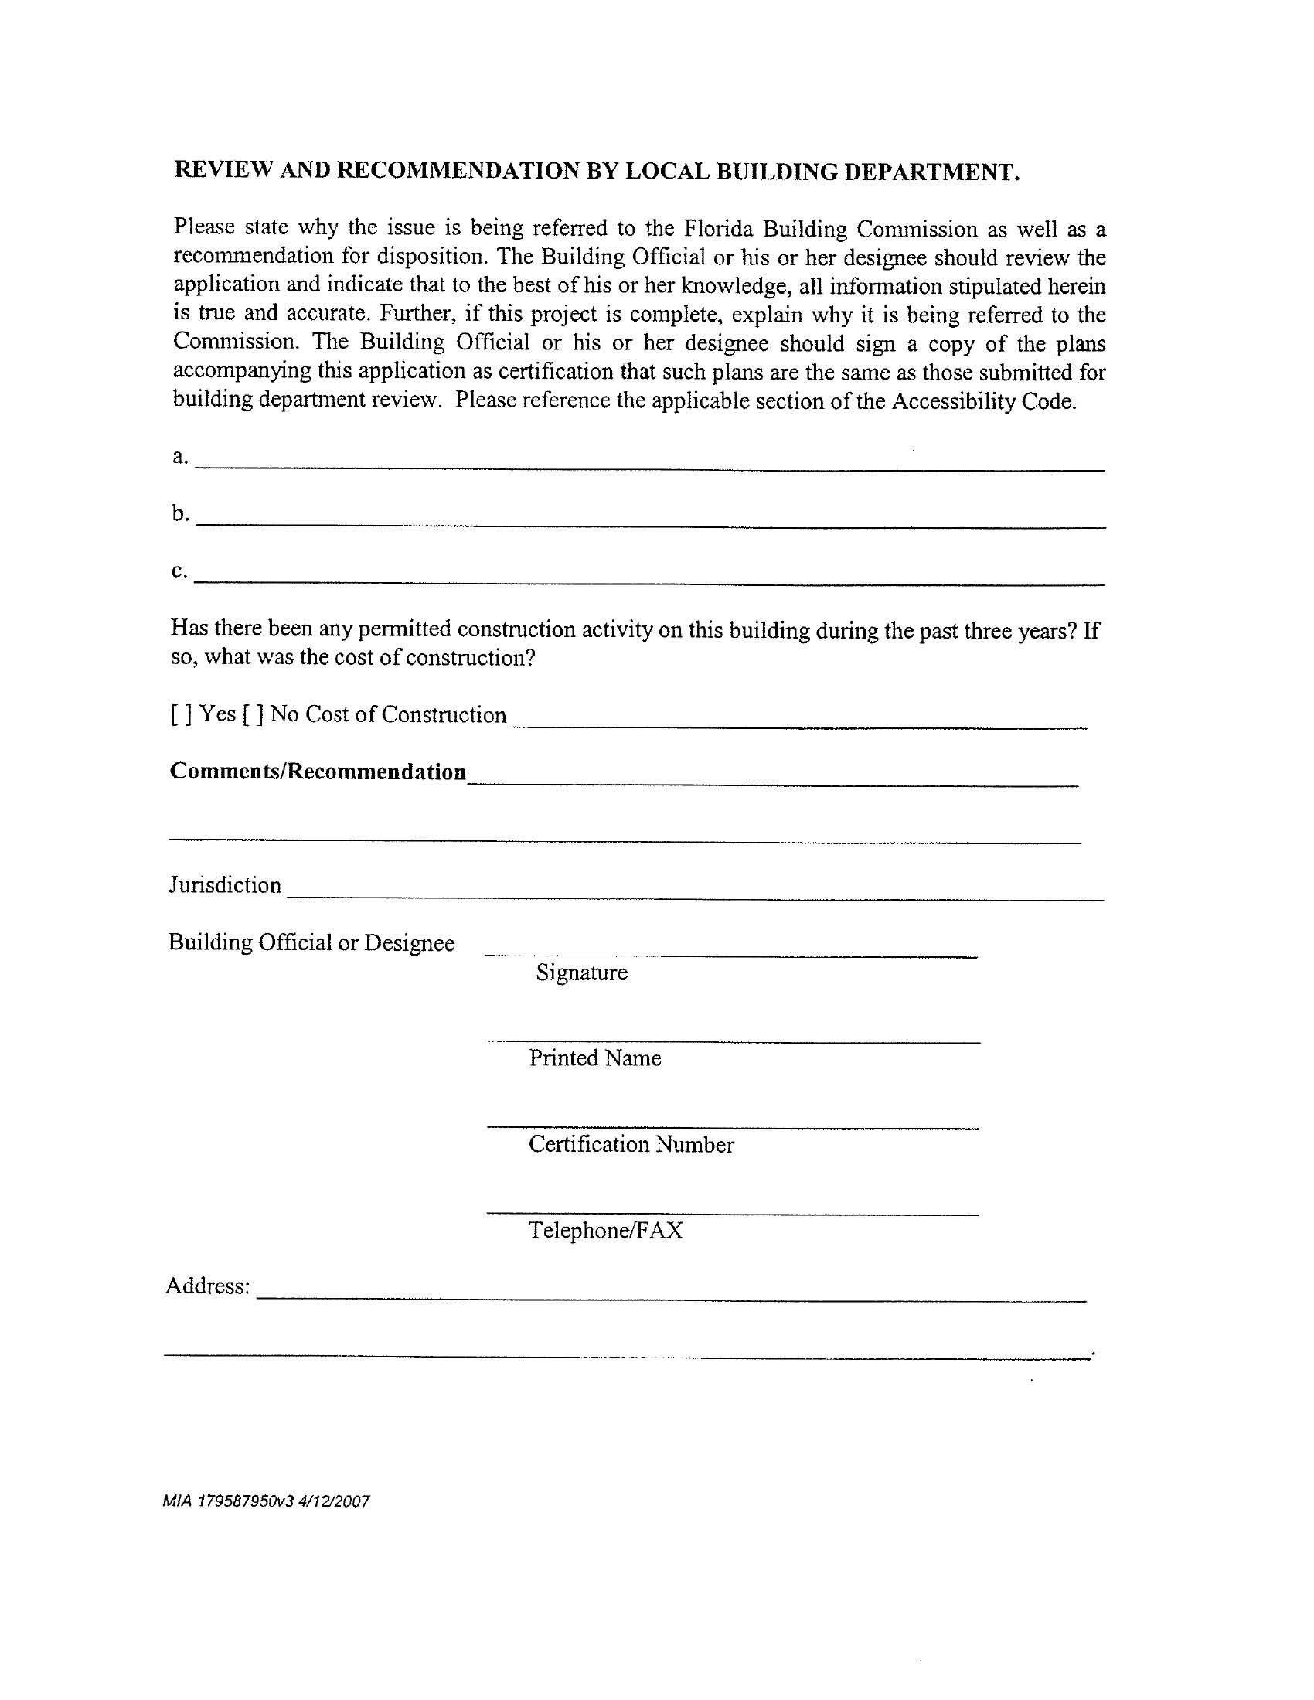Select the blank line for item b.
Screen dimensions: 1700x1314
(649, 527)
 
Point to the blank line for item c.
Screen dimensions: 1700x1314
(649, 584)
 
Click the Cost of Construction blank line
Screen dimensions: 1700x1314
(799, 727)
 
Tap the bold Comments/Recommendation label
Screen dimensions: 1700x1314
(318, 772)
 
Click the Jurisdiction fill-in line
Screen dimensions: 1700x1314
(694, 899)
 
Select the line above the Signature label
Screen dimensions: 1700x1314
(730, 955)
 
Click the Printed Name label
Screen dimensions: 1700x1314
(594, 1058)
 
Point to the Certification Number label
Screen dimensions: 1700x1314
(631, 1144)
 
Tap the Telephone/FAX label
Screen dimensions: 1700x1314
(606, 1231)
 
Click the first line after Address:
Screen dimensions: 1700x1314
(671, 1300)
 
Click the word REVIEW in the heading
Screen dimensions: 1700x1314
(223, 171)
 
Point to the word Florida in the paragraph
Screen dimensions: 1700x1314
(718, 228)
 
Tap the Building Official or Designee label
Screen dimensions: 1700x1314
(311, 942)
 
